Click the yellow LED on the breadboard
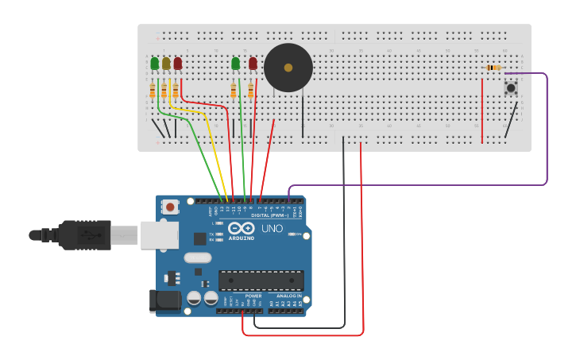pos(166,64)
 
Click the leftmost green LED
pos(155,63)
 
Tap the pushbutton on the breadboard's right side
pos(511,87)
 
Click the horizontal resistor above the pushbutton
pos(494,68)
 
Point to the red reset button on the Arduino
pos(170,207)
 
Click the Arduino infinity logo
pos(241,228)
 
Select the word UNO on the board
pos(273,228)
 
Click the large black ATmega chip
pos(261,280)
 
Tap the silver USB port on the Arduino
pos(160,235)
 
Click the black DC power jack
pos(165,300)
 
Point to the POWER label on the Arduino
pos(253,296)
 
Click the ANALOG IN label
pos(284,296)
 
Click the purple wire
pos(547,135)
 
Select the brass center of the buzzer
pos(288,68)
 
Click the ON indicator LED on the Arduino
pos(291,234)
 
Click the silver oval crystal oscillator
pos(198,257)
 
